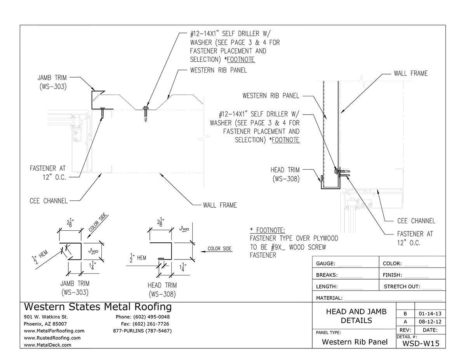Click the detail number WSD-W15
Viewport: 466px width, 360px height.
click(x=421, y=343)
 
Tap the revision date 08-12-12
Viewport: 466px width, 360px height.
click(x=430, y=322)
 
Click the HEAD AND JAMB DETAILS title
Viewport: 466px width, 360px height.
click(x=356, y=316)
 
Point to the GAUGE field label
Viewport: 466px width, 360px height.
click(x=325, y=264)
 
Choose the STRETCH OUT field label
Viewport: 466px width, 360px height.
click(x=402, y=287)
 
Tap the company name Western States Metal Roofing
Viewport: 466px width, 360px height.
click(x=97, y=307)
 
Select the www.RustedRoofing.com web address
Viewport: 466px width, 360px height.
click(x=52, y=338)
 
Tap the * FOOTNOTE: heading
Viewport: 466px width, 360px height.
click(x=268, y=230)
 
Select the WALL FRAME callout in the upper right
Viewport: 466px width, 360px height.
click(x=410, y=73)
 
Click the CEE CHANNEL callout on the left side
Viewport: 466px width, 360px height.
click(x=48, y=201)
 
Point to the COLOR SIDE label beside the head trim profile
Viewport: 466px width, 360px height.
click(x=220, y=249)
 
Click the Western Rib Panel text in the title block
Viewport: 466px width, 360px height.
click(x=355, y=342)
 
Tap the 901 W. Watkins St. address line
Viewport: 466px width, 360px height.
click(x=46, y=317)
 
